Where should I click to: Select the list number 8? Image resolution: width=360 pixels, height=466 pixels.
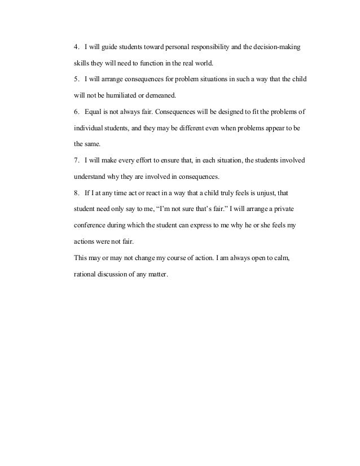(x=76, y=193)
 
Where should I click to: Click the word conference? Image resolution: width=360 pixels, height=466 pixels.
(x=91, y=225)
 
